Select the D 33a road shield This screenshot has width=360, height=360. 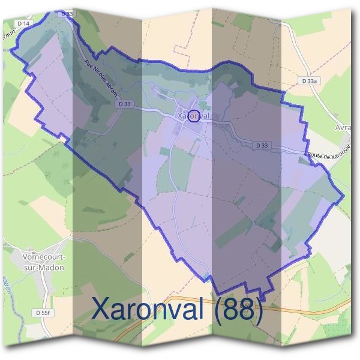click(310, 80)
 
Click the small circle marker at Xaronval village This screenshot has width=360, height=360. click(194, 116)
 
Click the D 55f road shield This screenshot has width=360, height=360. click(43, 313)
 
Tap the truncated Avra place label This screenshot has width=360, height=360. click(343, 128)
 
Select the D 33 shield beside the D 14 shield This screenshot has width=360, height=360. click(67, 13)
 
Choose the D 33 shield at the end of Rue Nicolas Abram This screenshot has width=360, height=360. click(124, 104)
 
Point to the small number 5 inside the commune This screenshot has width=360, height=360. click(254, 223)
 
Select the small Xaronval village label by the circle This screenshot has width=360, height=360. click(193, 114)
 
